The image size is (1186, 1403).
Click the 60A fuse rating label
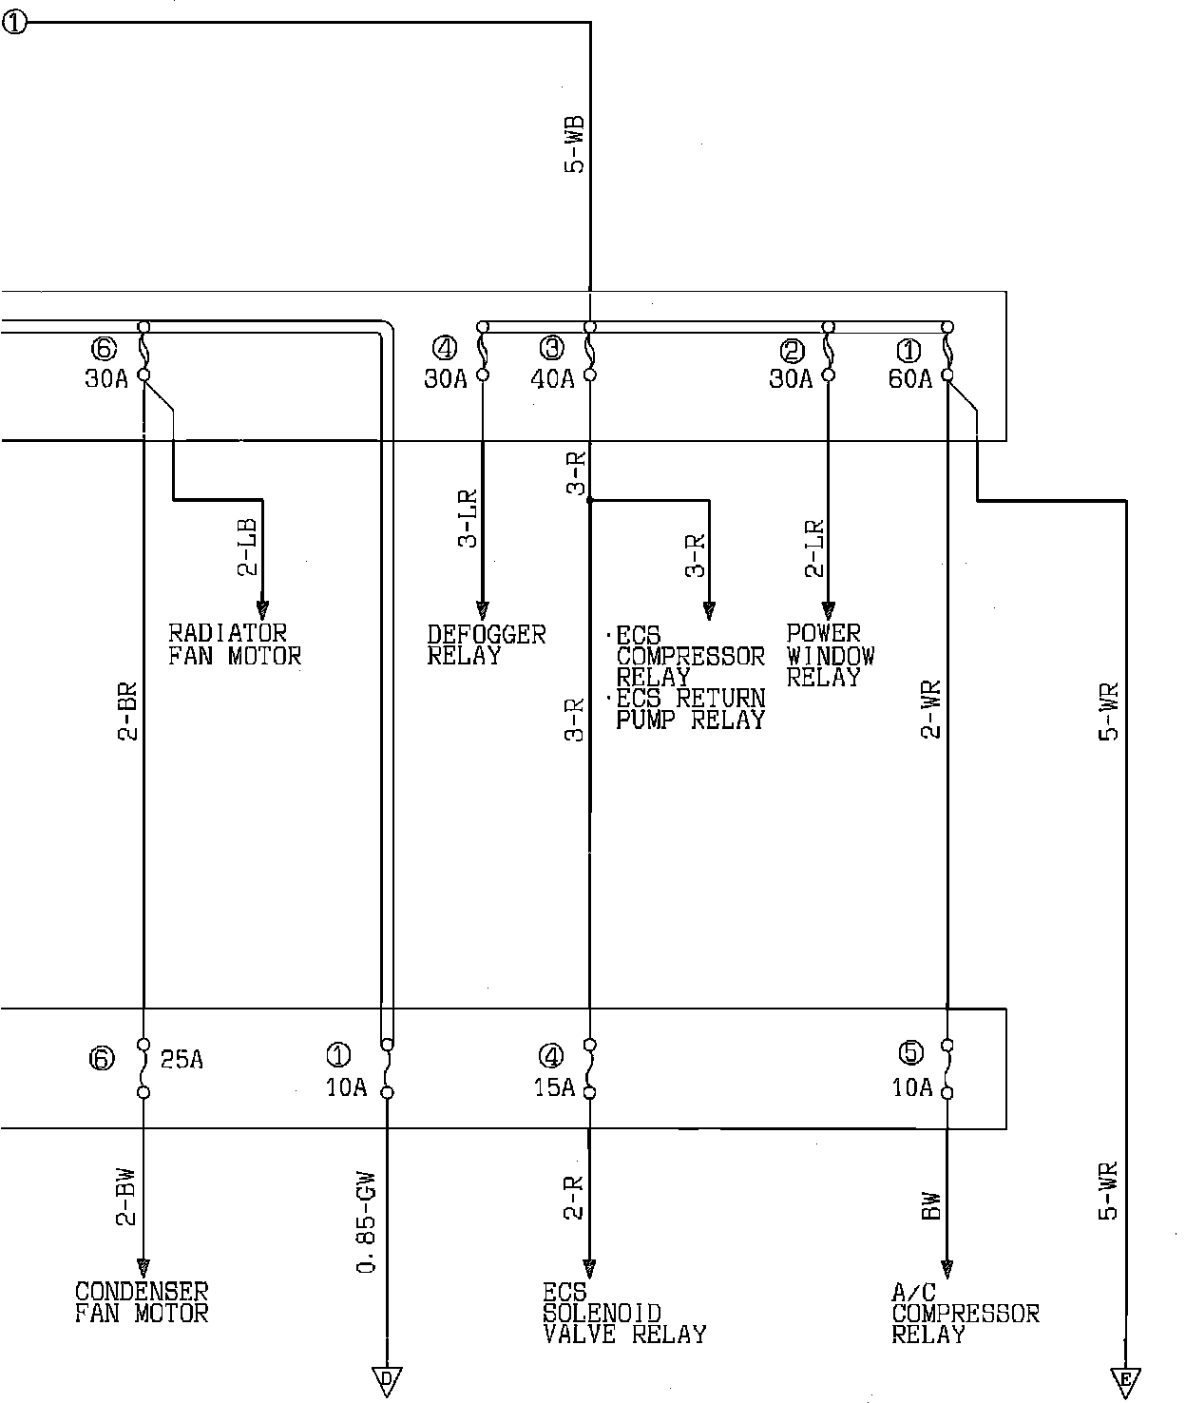909,378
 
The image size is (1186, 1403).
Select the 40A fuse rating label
552,378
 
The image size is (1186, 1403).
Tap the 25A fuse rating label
182,1060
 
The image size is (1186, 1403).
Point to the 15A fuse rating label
554,1087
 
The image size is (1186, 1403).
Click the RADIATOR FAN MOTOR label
235,644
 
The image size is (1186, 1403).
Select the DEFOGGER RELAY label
486,644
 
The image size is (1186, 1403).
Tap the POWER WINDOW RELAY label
831,655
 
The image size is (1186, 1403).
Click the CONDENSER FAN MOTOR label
142,1302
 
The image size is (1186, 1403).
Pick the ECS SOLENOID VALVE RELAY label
624,1313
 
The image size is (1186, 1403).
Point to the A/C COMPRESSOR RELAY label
966,1313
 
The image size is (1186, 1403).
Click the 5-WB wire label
575,144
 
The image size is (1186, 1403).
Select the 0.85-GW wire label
366,1221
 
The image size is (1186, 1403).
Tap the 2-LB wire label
248,548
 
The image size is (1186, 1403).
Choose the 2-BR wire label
127,711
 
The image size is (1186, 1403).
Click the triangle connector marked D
387,1382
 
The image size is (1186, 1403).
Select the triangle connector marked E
1125,1383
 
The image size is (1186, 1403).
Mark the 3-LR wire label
468,519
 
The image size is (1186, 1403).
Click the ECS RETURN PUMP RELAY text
691,709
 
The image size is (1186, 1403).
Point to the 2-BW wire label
127,1197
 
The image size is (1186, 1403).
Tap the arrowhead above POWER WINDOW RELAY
829,610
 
